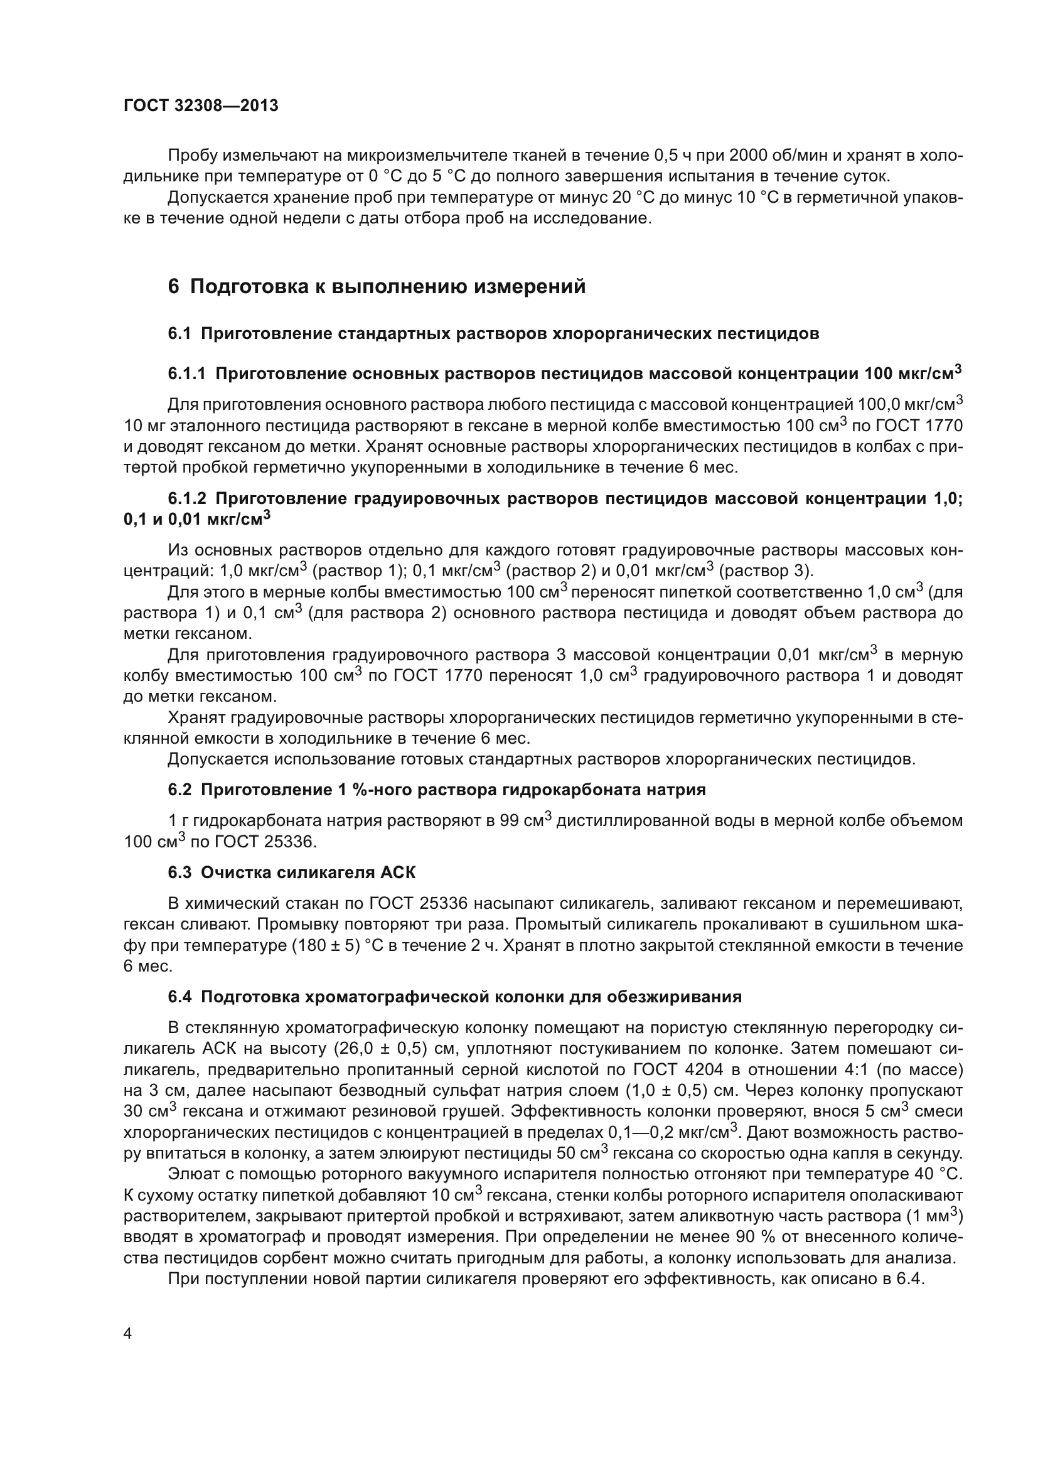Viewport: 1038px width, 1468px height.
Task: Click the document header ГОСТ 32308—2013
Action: pyautogui.click(x=201, y=105)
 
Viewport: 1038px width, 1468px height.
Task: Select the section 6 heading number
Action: pyautogui.click(x=174, y=286)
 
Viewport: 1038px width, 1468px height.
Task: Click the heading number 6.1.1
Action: pyautogui.click(x=186, y=374)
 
